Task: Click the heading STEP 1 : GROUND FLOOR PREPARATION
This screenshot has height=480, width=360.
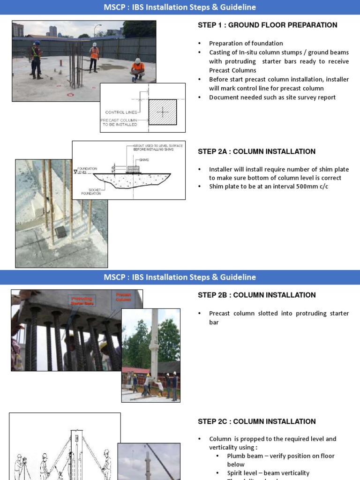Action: click(x=267, y=25)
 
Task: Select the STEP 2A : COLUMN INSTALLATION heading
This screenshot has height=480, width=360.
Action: click(x=256, y=151)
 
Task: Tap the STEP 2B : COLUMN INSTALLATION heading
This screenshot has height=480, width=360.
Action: click(x=256, y=295)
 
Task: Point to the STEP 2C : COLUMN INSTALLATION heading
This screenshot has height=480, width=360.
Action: click(x=256, y=421)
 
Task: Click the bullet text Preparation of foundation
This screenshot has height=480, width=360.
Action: click(x=246, y=43)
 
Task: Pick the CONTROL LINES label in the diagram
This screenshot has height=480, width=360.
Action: click(x=121, y=112)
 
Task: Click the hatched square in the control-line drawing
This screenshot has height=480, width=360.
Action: click(x=163, y=112)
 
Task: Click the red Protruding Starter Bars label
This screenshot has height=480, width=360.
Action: click(x=82, y=300)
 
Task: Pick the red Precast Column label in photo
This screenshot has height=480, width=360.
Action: click(x=123, y=296)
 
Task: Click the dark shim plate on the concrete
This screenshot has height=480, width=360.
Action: click(x=60, y=231)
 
